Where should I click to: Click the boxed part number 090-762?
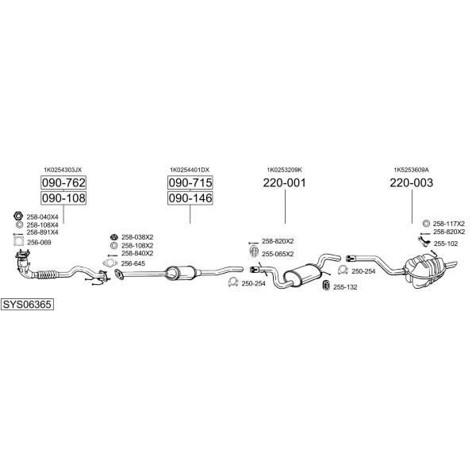[63, 182]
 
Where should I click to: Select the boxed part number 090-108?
[63, 198]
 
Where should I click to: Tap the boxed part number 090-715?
[190, 182]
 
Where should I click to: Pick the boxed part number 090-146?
[190, 198]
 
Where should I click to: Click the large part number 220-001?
[285, 182]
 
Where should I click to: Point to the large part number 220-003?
[411, 182]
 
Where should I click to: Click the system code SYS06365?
[27, 304]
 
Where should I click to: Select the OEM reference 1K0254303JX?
[63, 170]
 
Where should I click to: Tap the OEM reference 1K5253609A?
[411, 170]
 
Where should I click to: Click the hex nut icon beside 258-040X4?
[18, 216]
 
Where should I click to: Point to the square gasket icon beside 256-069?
[19, 242]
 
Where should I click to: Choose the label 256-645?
[133, 263]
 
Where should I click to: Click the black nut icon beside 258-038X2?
[114, 236]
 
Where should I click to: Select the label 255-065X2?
[278, 254]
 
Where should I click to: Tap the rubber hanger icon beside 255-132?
[326, 286]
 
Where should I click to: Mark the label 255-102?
[446, 244]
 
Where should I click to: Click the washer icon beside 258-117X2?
[426, 224]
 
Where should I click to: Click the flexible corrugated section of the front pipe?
[45, 274]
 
